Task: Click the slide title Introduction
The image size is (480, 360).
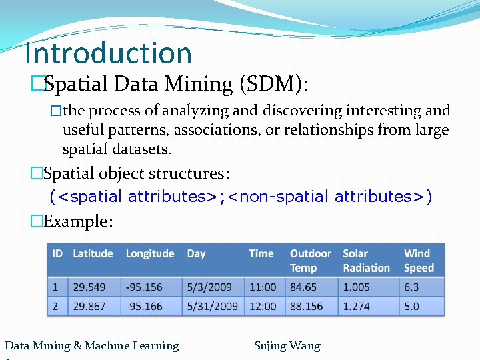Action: (107, 53)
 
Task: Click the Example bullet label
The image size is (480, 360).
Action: (78, 221)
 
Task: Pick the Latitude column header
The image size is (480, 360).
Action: (93, 253)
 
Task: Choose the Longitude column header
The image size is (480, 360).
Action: (150, 253)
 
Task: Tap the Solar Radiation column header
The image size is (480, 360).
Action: (366, 261)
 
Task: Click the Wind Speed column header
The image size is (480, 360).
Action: (419, 261)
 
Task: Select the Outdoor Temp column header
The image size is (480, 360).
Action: (310, 261)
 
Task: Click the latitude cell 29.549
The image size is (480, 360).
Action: (89, 287)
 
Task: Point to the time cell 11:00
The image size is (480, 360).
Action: (263, 287)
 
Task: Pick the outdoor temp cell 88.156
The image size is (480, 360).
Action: (306, 306)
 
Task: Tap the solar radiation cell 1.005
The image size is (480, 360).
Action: (356, 287)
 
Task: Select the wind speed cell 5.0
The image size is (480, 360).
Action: (411, 306)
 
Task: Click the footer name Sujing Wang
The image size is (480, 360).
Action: (287, 345)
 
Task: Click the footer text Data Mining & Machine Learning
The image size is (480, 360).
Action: (92, 345)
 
